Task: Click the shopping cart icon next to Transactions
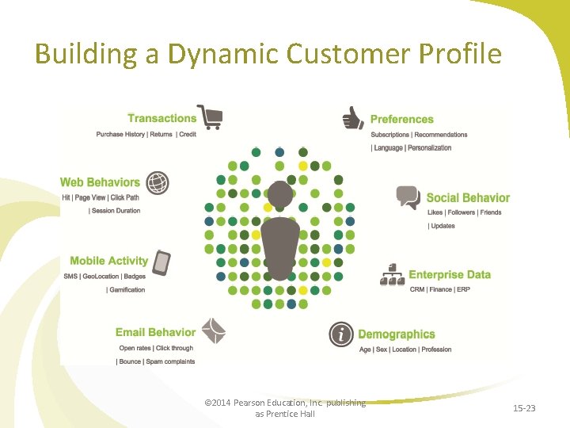point(210,117)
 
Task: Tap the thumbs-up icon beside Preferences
point(353,119)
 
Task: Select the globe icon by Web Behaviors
point(158,183)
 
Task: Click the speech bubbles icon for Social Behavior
point(408,197)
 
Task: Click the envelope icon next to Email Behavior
point(214,331)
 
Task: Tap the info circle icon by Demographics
point(341,334)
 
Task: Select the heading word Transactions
point(161,119)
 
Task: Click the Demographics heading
point(397,334)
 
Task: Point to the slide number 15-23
point(524,408)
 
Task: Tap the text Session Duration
point(116,211)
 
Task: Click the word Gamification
point(127,290)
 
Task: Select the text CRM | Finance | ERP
point(439,289)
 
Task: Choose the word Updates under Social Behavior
point(443,226)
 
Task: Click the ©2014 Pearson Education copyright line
point(285,403)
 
